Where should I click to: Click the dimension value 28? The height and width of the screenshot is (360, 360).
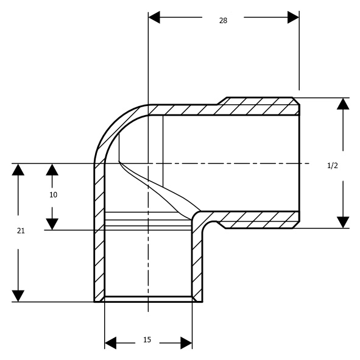pos(223,21)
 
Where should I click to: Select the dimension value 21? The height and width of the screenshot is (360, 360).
pos(21,231)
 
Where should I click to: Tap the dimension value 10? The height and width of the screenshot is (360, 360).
pos(53,195)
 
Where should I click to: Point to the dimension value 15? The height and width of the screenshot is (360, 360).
pos(147,339)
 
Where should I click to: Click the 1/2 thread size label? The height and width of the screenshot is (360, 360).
pos(333,166)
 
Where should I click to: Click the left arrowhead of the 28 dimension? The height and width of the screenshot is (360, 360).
pos(154,17)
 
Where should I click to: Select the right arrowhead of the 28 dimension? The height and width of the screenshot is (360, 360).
pos(293,17)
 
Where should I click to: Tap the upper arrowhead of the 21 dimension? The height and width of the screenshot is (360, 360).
pos(18,170)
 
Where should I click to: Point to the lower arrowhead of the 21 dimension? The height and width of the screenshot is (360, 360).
pos(18,296)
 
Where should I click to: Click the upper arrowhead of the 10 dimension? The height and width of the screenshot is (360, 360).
pos(52,170)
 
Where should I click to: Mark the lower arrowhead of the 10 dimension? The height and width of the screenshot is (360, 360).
pos(52,224)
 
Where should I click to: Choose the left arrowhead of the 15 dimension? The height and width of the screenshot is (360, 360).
pos(110,343)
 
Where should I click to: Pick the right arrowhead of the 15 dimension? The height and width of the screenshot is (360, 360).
pos(186,343)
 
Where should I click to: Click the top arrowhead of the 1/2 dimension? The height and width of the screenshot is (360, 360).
pos(343,104)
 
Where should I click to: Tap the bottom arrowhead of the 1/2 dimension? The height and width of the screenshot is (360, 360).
pos(343,222)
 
